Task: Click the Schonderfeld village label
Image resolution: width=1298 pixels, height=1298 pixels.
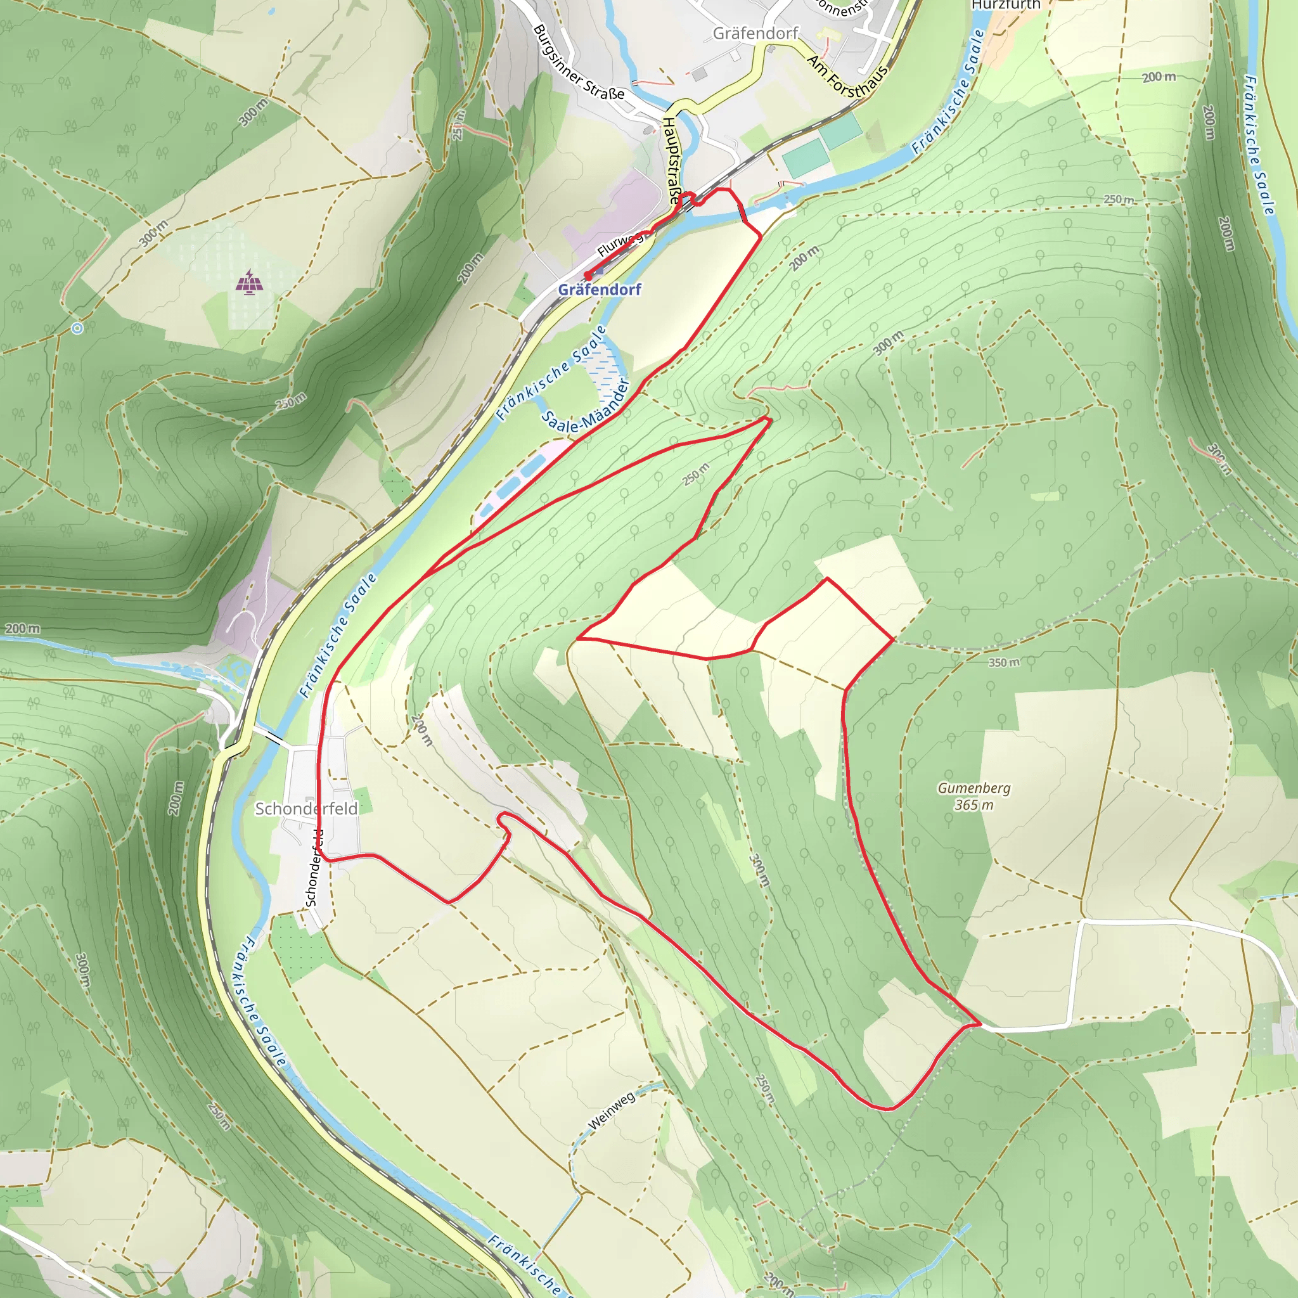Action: (305, 808)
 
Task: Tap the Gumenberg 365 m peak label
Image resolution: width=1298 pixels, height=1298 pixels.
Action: (973, 796)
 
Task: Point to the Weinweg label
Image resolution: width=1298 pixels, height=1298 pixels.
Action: (611, 1110)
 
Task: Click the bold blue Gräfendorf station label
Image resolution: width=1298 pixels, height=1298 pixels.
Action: (600, 290)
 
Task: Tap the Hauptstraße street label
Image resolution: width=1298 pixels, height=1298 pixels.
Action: (671, 160)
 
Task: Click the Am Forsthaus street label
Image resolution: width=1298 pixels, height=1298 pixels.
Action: (848, 77)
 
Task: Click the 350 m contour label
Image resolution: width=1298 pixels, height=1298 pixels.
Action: (1004, 662)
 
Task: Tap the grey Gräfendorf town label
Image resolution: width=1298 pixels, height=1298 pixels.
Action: (756, 33)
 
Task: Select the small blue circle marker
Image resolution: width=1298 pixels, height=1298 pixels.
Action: (77, 328)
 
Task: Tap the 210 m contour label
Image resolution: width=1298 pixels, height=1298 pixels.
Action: (422, 731)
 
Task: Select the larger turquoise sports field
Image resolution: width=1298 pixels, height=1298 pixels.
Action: (806, 158)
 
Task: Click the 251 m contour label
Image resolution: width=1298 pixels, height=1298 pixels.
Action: (458, 124)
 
